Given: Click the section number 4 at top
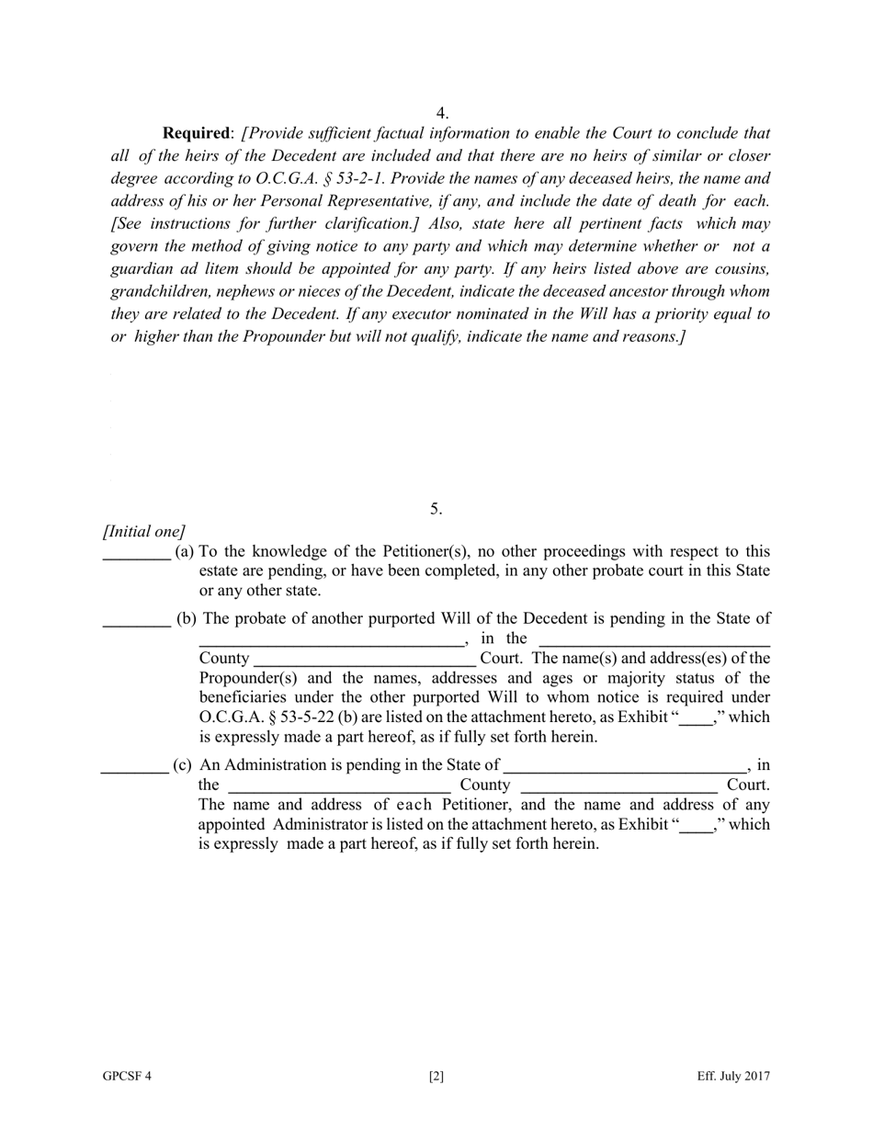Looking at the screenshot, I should (x=442, y=113).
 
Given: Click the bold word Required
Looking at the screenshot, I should (x=196, y=133).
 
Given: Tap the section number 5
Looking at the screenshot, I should (x=436, y=509).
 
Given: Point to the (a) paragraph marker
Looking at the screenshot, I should (x=184, y=551).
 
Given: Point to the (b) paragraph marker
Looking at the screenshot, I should (x=187, y=618).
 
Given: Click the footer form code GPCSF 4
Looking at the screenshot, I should (x=127, y=1077).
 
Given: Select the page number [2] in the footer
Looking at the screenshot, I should (x=436, y=1077).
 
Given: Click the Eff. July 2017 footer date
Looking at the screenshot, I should (x=733, y=1077).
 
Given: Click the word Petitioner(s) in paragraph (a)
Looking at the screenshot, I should (x=429, y=551).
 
